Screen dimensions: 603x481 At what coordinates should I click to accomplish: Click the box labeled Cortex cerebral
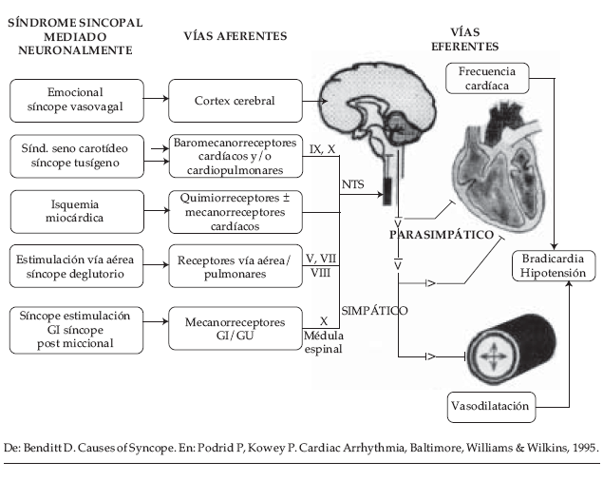coord(236,101)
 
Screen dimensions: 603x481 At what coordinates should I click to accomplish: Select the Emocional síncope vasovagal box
coord(77,101)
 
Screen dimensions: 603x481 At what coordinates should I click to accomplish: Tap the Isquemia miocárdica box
coord(77,211)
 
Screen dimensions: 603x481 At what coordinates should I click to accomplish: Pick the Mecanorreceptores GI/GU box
coord(236,329)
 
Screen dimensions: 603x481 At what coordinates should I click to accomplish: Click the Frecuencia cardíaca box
coord(487,78)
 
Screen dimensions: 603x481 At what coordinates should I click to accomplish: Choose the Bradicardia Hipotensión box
coord(554,266)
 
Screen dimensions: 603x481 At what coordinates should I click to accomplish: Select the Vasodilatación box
coord(491,407)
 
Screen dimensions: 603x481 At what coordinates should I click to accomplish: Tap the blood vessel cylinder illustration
coord(511,349)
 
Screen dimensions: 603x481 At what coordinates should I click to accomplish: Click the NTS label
coord(352,184)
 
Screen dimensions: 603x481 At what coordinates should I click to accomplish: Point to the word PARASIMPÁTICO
coord(442,235)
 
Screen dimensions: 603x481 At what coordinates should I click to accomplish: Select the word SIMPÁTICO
coord(374,311)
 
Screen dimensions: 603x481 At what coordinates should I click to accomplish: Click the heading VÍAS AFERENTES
coord(236,36)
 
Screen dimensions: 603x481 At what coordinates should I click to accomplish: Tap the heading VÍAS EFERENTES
coord(465,39)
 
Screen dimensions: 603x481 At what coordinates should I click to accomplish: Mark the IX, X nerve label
coord(322,149)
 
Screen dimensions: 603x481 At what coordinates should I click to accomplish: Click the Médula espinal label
coord(324,342)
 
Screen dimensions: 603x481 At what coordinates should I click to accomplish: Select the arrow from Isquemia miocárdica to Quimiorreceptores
coord(157,210)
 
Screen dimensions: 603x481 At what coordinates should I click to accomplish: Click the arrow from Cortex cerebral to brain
coord(315,102)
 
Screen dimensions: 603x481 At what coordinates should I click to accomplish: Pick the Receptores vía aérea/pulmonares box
coord(236,266)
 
